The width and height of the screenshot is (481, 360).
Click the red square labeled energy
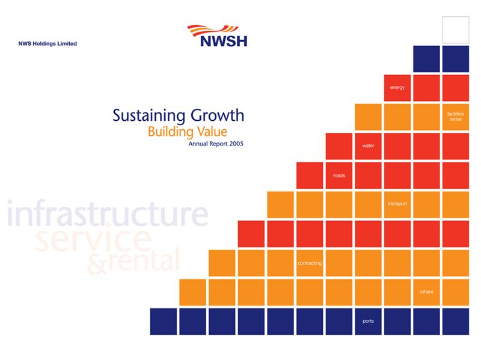tap(397, 88)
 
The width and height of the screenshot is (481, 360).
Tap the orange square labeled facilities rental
tap(455, 117)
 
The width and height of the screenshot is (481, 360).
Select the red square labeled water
tap(368, 146)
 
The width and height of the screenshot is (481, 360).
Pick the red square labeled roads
tap(339, 175)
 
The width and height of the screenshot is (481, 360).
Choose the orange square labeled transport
tap(397, 204)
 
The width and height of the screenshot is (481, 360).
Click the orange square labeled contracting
tap(310, 263)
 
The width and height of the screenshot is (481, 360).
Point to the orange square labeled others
tap(426, 292)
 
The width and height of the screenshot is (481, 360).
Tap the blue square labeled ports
tap(368, 321)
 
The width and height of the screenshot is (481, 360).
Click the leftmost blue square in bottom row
tap(164, 321)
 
